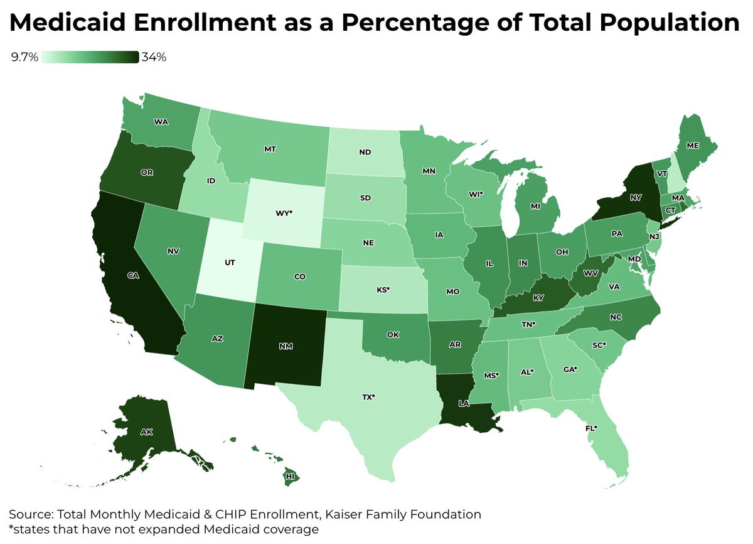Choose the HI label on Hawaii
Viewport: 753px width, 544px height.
pyautogui.click(x=291, y=477)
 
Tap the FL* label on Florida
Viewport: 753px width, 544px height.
pyautogui.click(x=590, y=428)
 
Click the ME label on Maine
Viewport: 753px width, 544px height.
pyautogui.click(x=693, y=144)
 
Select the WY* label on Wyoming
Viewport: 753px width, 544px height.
pyautogui.click(x=284, y=212)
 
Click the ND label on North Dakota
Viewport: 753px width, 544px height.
pyautogui.click(x=364, y=151)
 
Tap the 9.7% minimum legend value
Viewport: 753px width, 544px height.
pyautogui.click(x=24, y=58)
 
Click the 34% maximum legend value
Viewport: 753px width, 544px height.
pyautogui.click(x=154, y=58)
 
